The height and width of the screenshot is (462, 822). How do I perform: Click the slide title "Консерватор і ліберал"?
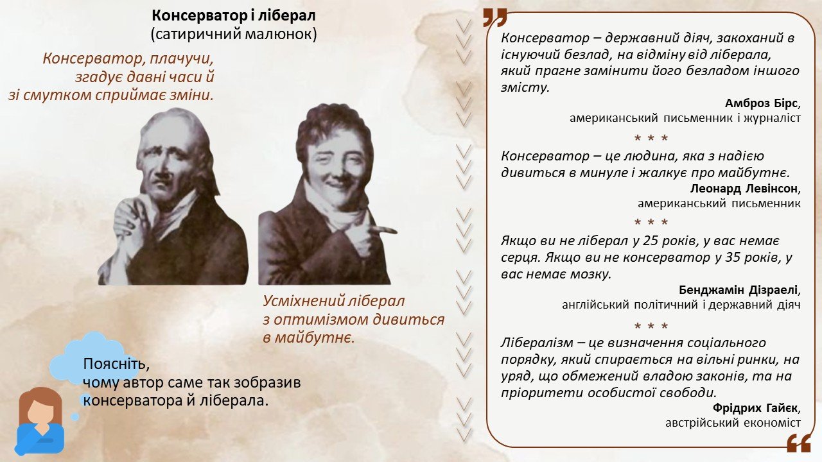[234, 16]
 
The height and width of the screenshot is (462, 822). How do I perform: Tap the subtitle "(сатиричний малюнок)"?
[234, 34]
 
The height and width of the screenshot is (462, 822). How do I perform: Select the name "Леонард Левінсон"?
[744, 189]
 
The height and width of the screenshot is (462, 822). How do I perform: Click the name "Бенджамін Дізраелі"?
[738, 290]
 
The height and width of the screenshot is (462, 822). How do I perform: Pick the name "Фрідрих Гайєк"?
[755, 407]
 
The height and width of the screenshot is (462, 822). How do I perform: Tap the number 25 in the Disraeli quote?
[649, 241]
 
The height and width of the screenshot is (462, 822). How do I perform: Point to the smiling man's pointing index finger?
[383, 230]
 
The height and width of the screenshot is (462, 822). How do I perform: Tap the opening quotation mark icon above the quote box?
[494, 17]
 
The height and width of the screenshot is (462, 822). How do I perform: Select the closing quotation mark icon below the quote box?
[799, 443]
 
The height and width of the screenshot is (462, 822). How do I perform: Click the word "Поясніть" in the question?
[116, 364]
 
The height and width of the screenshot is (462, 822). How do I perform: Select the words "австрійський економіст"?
[733, 423]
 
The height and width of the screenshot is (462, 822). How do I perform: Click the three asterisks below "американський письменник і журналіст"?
[651, 138]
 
